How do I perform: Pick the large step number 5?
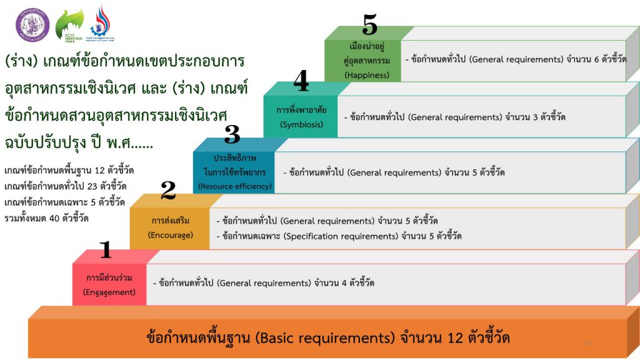point(370,26)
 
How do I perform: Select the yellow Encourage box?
point(170,228)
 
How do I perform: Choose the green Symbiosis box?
point(301,116)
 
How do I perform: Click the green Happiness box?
point(363,61)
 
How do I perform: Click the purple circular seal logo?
point(32,24)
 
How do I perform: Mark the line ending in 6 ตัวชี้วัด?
point(516,60)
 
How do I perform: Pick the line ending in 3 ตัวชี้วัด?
point(454,117)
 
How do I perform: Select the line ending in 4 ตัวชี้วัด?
point(264,283)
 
